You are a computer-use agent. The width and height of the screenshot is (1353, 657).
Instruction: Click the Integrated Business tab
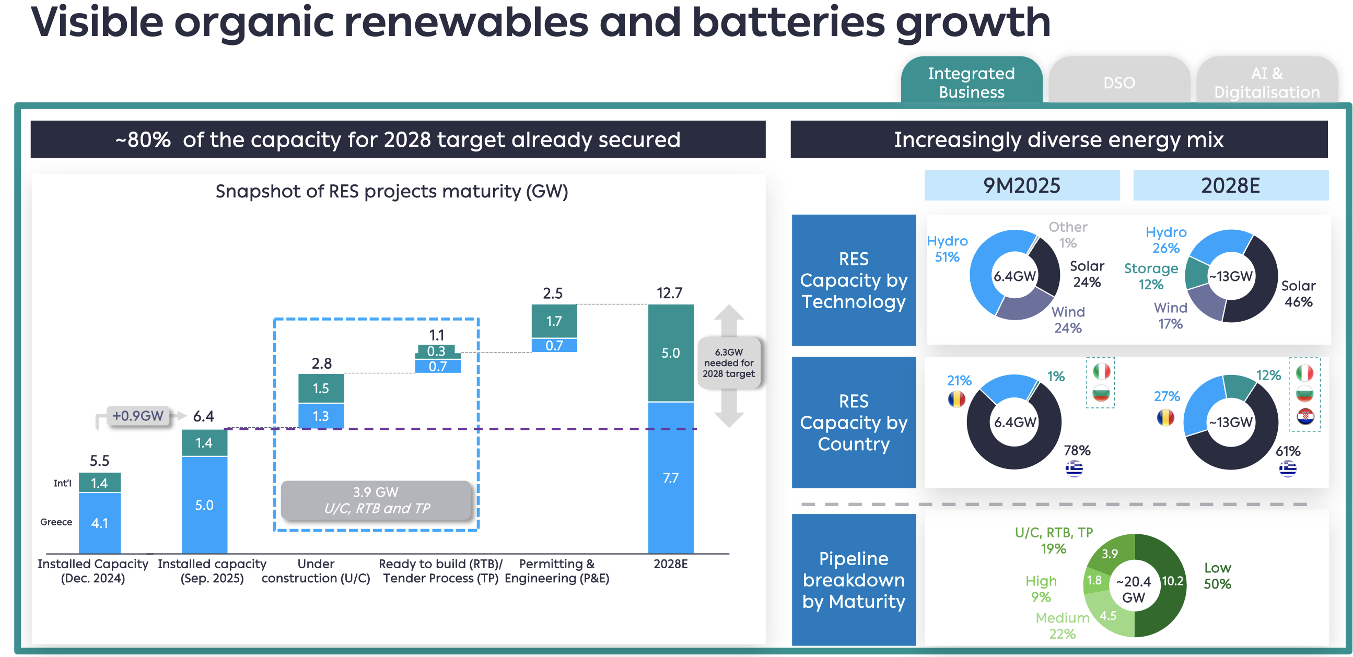(971, 83)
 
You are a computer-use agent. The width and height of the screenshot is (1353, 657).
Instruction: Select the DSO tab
(1119, 83)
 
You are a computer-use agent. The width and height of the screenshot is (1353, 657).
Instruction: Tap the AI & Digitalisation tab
(1266, 83)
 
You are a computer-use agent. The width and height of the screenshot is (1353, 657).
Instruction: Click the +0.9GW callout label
(138, 416)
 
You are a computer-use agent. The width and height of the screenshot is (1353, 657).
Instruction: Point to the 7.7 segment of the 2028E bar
(671, 478)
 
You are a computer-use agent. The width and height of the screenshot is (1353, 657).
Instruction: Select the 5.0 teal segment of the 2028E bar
(671, 353)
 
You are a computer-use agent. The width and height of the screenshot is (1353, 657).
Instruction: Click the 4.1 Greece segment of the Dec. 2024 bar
(100, 523)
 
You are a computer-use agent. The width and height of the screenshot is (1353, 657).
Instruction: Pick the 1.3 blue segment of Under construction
(321, 416)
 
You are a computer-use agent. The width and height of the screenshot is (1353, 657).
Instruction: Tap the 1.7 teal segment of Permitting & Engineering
(554, 321)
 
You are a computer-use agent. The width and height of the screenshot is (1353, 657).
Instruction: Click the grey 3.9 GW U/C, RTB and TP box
(377, 500)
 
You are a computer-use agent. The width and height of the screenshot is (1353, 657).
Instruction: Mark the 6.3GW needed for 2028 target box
(729, 363)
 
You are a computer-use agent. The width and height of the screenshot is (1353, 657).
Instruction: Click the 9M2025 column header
(1022, 185)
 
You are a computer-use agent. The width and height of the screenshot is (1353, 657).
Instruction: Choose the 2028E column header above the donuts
(1230, 185)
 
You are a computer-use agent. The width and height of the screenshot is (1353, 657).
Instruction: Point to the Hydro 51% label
(947, 249)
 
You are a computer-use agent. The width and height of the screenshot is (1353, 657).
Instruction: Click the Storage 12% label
(1151, 276)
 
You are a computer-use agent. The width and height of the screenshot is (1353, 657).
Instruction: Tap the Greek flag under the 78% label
(1074, 468)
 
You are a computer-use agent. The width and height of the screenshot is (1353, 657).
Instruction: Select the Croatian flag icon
(1305, 417)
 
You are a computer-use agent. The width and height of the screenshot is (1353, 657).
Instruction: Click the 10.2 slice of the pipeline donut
(1172, 581)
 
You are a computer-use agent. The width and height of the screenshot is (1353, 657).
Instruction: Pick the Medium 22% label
(1062, 626)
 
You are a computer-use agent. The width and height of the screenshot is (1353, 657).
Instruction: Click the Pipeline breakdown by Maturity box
(854, 580)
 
